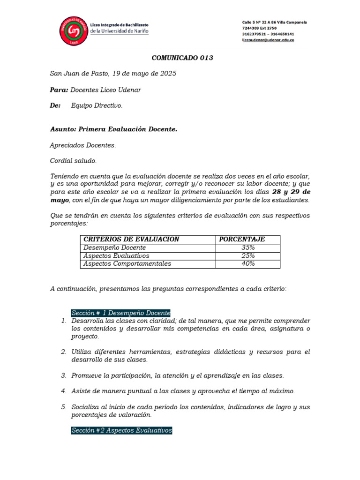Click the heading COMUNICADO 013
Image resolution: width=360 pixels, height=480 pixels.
click(182, 58)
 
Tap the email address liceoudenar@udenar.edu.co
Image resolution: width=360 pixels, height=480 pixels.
click(268, 40)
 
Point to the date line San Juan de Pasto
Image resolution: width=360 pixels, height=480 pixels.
click(113, 74)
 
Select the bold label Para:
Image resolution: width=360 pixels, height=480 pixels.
click(59, 90)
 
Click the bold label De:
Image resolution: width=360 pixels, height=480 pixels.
click(55, 105)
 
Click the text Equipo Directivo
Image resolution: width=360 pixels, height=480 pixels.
click(97, 105)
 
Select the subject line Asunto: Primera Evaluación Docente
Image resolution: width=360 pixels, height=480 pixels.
click(113, 129)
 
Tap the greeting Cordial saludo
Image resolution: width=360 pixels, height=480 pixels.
click(73, 161)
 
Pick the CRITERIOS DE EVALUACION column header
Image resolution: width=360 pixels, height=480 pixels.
click(131, 239)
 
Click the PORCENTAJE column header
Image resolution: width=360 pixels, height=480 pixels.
click(242, 239)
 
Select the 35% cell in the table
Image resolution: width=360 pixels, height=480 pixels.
click(248, 247)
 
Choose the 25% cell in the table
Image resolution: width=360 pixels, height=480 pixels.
click(248, 255)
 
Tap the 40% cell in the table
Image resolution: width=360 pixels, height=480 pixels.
click(248, 263)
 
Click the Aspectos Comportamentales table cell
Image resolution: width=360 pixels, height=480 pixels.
click(127, 263)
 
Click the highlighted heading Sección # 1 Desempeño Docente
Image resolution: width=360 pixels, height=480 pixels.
click(120, 313)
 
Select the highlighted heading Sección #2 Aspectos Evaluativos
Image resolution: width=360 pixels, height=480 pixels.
click(121, 430)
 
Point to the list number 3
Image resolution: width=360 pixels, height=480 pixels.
click(63, 375)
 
